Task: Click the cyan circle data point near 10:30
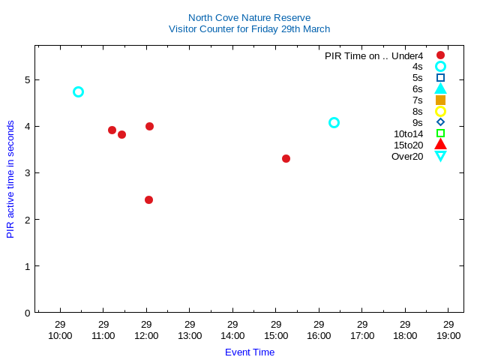click(78, 91)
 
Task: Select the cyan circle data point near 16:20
click(334, 122)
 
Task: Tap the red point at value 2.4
click(148, 199)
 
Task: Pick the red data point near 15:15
click(286, 158)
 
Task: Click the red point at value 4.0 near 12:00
click(149, 126)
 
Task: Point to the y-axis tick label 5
click(27, 79)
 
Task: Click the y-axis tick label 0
click(27, 313)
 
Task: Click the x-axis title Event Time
click(250, 352)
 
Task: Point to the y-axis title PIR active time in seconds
click(10, 179)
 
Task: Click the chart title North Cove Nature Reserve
click(249, 17)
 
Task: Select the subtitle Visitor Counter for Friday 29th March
click(249, 28)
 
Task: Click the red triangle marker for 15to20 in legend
click(440, 144)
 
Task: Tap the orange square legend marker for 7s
click(440, 100)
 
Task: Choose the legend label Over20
click(407, 156)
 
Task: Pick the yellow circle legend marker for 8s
click(440, 111)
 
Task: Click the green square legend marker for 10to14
click(440, 133)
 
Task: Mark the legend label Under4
click(407, 55)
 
